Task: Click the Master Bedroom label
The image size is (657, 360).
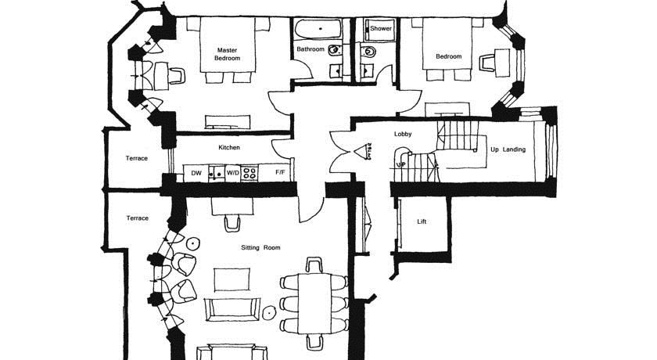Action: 228,54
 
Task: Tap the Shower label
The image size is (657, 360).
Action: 381,28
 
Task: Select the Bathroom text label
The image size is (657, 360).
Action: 311,49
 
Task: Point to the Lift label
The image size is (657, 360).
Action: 422,221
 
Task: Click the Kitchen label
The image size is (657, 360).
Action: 229,147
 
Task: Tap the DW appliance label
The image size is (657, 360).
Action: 196,173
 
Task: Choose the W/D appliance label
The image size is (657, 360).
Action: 233,173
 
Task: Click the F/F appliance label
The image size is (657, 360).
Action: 280,172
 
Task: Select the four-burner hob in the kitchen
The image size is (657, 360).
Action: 250,174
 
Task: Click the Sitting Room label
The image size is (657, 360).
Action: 260,247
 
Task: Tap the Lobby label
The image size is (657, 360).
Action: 403,134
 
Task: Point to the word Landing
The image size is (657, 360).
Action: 514,149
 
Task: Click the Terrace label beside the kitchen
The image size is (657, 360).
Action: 137,158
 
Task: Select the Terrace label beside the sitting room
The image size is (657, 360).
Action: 138,218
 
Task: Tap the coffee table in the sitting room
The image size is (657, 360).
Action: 232,279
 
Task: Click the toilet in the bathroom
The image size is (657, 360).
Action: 336,51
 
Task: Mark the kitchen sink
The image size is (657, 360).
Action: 217,174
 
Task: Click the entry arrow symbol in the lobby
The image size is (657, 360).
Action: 362,151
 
